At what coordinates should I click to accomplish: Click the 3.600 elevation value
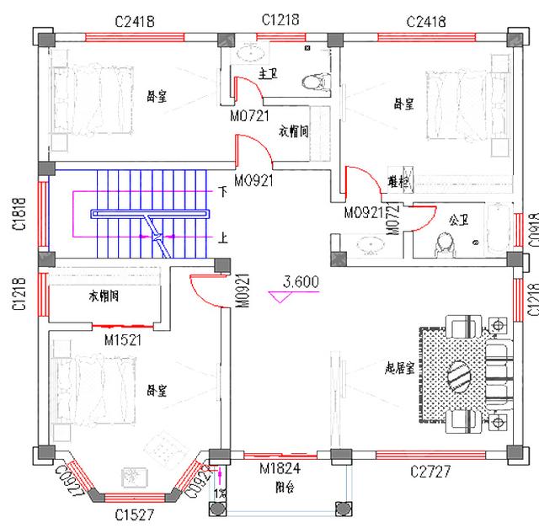click(x=301, y=283)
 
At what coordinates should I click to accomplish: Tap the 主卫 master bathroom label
click(x=267, y=74)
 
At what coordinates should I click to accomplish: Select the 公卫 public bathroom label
click(x=458, y=221)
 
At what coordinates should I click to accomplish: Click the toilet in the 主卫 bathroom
click(x=314, y=82)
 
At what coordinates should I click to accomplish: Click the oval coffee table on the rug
click(x=462, y=375)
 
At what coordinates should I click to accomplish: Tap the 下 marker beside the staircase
click(x=221, y=192)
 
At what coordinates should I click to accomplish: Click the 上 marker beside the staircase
click(x=221, y=238)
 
